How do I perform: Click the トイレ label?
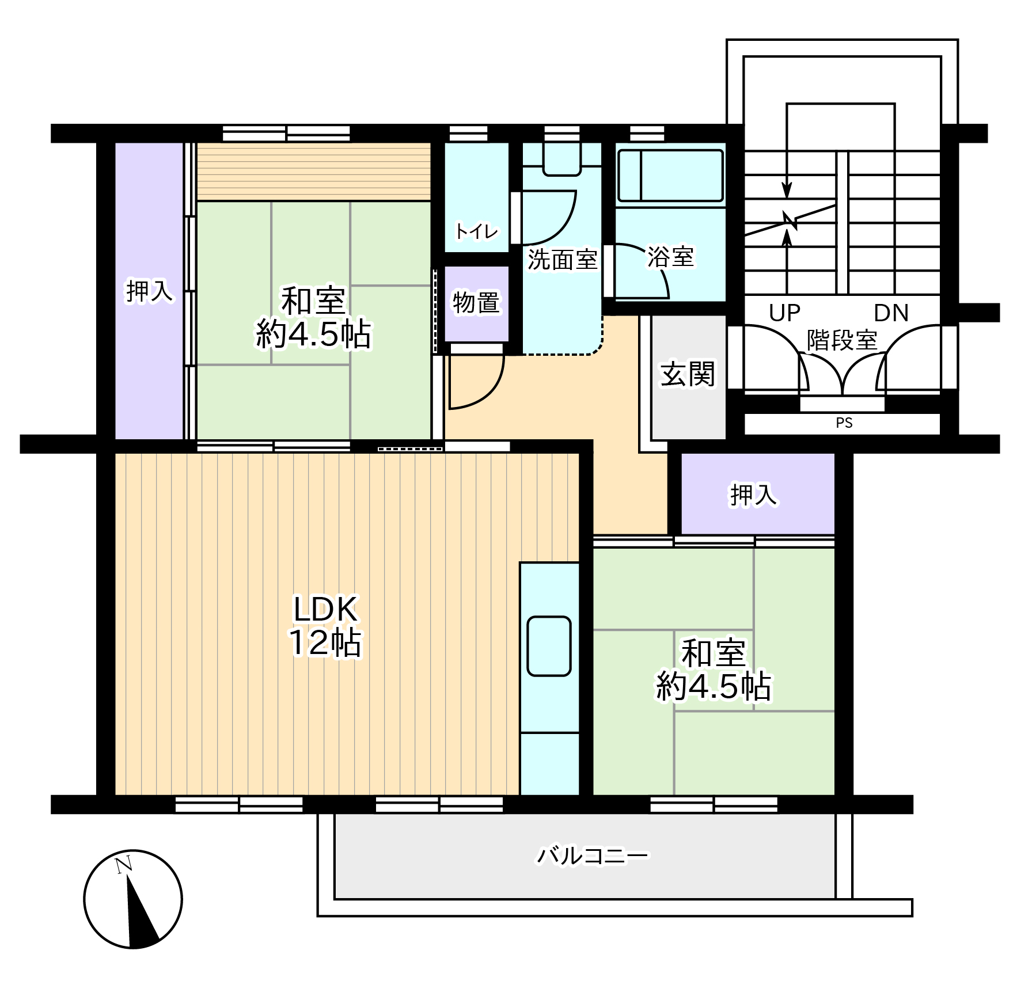click(476, 231)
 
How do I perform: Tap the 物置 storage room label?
click(476, 303)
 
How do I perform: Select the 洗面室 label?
click(563, 260)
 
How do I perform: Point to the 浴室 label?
click(670, 257)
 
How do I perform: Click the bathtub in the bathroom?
click(670, 176)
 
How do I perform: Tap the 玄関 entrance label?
click(688, 375)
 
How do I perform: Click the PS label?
click(844, 423)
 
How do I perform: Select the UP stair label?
click(784, 313)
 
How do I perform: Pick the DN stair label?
click(891, 313)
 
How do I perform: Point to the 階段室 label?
click(841, 340)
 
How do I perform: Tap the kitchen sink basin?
click(549, 646)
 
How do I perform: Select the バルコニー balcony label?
click(593, 856)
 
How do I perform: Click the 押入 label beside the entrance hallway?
click(753, 495)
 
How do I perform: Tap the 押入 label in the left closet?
click(149, 291)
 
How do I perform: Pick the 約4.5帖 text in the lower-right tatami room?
click(714, 686)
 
